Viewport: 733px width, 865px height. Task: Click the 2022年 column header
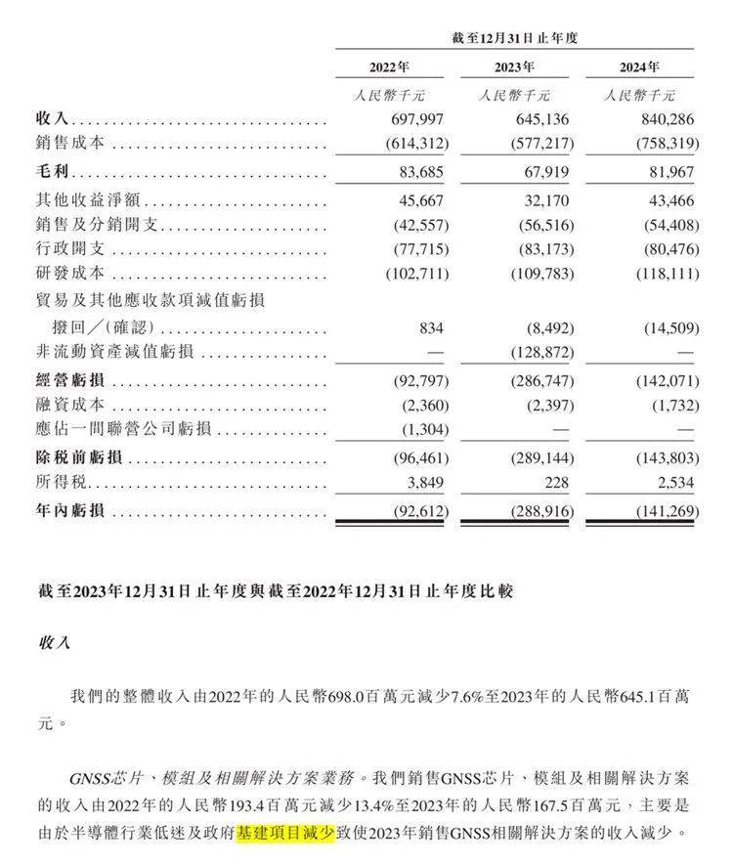coord(389,67)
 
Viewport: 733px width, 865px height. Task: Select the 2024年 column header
coord(639,67)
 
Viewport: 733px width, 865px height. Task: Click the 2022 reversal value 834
coord(431,326)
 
